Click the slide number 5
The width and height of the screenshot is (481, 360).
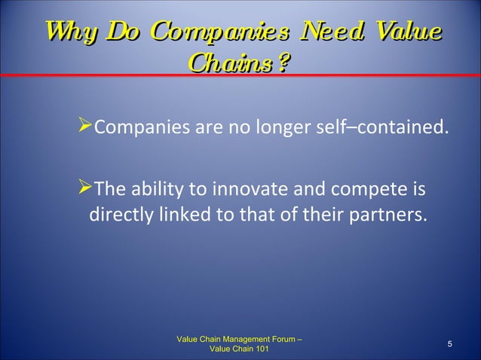click(x=449, y=344)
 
